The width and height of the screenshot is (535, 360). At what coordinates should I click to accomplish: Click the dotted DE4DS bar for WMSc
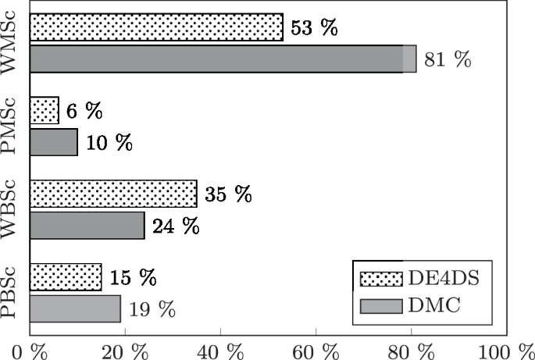pos(156,27)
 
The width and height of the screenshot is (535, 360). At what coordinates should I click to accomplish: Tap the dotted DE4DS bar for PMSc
pos(44,111)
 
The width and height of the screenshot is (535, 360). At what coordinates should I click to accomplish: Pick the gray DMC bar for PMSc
pos(53,142)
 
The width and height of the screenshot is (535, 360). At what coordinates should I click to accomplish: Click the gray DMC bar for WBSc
pos(87,226)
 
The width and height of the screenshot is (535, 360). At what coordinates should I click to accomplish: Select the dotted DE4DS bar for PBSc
pos(66,277)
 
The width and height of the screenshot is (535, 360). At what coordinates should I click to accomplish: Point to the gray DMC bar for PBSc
pos(75,308)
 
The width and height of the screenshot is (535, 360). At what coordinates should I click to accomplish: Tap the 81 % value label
pos(448,59)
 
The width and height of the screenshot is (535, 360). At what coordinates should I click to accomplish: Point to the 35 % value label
pos(228,194)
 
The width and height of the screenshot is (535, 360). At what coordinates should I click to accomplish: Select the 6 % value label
pos(84,111)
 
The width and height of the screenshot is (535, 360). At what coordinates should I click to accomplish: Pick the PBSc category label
pos(13,294)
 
